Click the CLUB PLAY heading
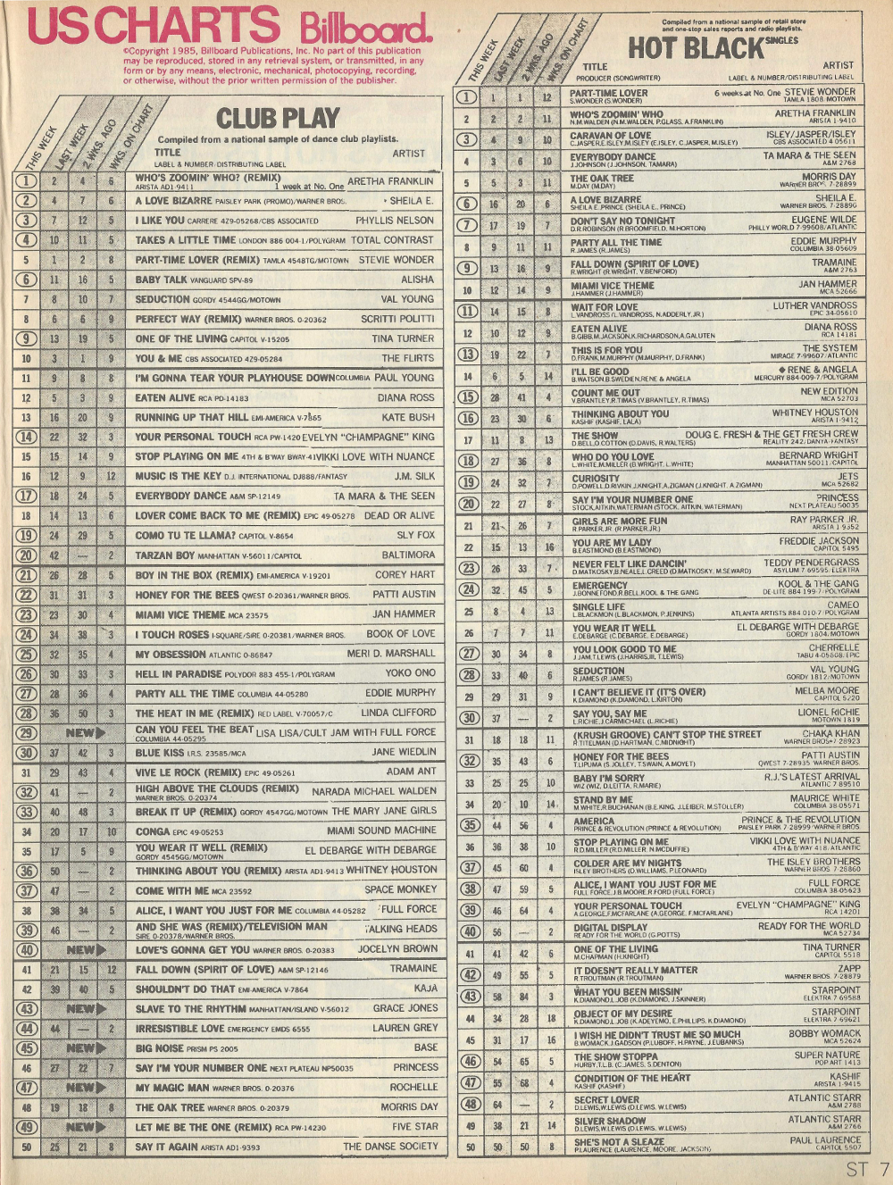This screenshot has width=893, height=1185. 278,118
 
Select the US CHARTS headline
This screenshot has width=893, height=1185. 154,26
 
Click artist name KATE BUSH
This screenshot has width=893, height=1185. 408,417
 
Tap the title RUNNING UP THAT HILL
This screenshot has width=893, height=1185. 191,417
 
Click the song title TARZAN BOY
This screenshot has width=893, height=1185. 164,555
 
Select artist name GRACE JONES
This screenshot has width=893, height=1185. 405,1007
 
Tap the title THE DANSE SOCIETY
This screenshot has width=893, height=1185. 390,1146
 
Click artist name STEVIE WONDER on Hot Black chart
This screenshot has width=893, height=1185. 820,91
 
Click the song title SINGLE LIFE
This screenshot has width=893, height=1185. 599,606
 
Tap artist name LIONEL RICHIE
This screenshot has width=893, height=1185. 829,712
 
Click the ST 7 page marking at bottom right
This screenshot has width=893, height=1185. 867,1168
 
